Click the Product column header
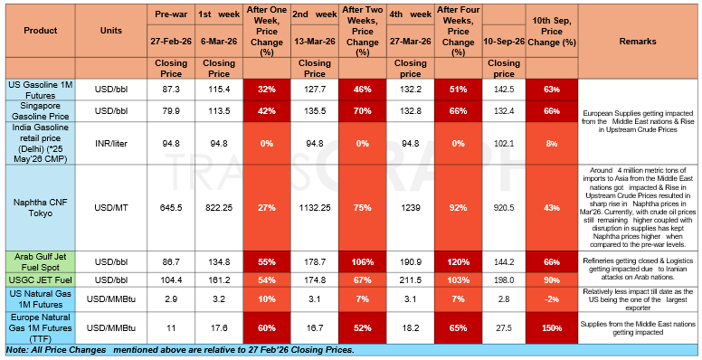tap(41, 31)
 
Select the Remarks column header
tap(638, 42)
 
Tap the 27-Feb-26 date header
tap(171, 42)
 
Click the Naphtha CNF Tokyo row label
tap(41, 208)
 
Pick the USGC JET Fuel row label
tap(41, 280)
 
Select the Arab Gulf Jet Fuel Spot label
tap(41, 262)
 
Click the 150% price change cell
tap(552, 328)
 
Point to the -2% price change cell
tap(552, 298)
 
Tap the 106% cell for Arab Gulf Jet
tap(363, 262)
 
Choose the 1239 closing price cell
tap(411, 208)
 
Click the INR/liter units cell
tap(111, 144)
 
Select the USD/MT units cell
tap(111, 208)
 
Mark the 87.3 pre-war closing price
tap(171, 90)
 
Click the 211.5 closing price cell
tap(411, 280)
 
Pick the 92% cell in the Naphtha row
tap(458, 208)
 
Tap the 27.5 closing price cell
tap(504, 328)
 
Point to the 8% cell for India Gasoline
tap(552, 144)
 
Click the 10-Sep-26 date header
tap(504, 42)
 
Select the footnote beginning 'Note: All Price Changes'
tap(180, 350)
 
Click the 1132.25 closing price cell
tap(315, 208)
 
